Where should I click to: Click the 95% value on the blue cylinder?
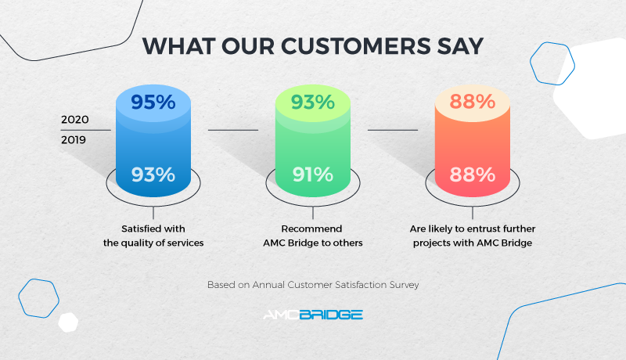click(153, 102)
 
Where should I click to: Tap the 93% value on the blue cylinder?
click(153, 174)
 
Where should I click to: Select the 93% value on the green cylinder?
click(313, 102)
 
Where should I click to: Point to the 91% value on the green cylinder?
click(313, 174)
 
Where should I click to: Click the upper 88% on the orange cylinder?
click(473, 102)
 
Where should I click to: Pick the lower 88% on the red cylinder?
click(473, 174)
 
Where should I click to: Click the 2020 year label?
click(75, 121)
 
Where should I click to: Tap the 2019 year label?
click(75, 140)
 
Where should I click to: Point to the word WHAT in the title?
click(174, 45)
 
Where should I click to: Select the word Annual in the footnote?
click(270, 285)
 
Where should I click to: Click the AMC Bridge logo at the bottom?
click(312, 315)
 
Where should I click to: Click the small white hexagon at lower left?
click(69, 322)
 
